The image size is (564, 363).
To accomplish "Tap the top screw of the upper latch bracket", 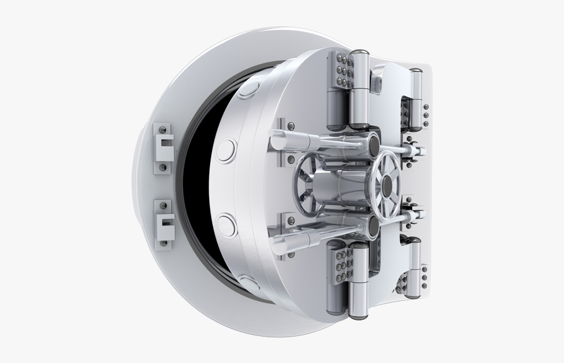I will click(164, 129).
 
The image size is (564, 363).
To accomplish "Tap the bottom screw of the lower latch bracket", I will click(164, 240).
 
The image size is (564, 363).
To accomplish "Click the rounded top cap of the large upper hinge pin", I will click(360, 56).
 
